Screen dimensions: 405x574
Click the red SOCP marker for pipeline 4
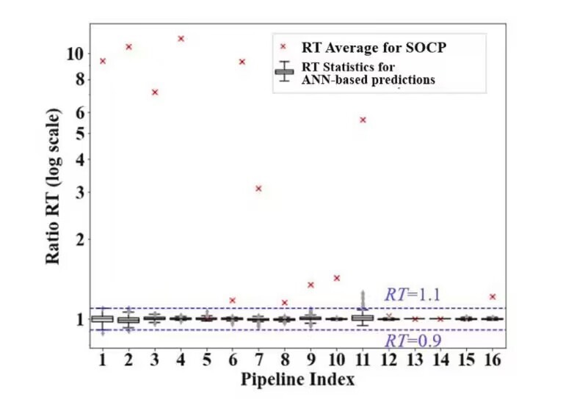pyautogui.click(x=181, y=38)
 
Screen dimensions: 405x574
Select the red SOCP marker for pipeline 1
pyautogui.click(x=103, y=61)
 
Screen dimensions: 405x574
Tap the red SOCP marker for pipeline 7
pyautogui.click(x=258, y=189)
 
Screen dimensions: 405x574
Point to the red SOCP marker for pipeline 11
pyautogui.click(x=363, y=120)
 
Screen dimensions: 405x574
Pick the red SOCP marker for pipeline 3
pyautogui.click(x=155, y=92)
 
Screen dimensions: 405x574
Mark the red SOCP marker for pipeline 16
pyautogui.click(x=493, y=296)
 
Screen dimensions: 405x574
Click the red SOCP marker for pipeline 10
pyautogui.click(x=337, y=278)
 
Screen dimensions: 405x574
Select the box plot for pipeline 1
pyautogui.click(x=102, y=318)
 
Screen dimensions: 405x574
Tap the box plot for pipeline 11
pyautogui.click(x=363, y=318)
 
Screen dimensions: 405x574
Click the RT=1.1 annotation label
pyautogui.click(x=412, y=295)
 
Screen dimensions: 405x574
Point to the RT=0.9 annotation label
pyautogui.click(x=412, y=340)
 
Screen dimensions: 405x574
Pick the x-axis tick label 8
pyautogui.click(x=285, y=361)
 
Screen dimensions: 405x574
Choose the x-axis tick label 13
pyautogui.click(x=415, y=361)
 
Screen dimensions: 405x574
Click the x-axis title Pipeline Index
pyautogui.click(x=297, y=379)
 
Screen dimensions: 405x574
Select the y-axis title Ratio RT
pyautogui.click(x=54, y=194)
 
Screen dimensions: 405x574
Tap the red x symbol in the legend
pyautogui.click(x=283, y=46)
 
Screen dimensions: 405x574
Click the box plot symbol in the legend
pyautogui.click(x=283, y=71)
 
